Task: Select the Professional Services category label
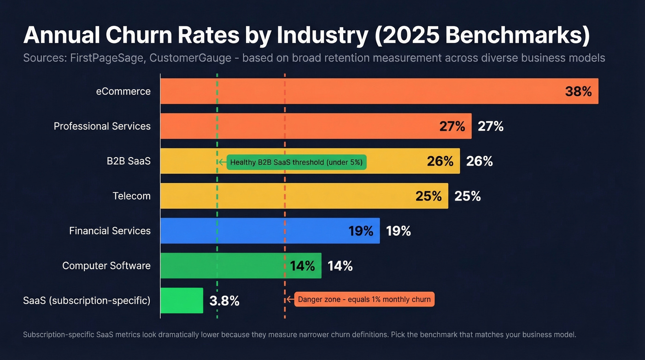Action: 102,126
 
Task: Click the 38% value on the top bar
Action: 578,91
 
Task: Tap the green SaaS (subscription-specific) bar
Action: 182,301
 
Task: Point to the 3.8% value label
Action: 224,301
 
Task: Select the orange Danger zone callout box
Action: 364,300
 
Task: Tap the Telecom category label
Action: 131,196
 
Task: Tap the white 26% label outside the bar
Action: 479,161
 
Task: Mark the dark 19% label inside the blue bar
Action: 361,231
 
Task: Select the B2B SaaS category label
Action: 129,161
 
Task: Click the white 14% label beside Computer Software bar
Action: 340,266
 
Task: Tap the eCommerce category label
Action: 123,91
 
